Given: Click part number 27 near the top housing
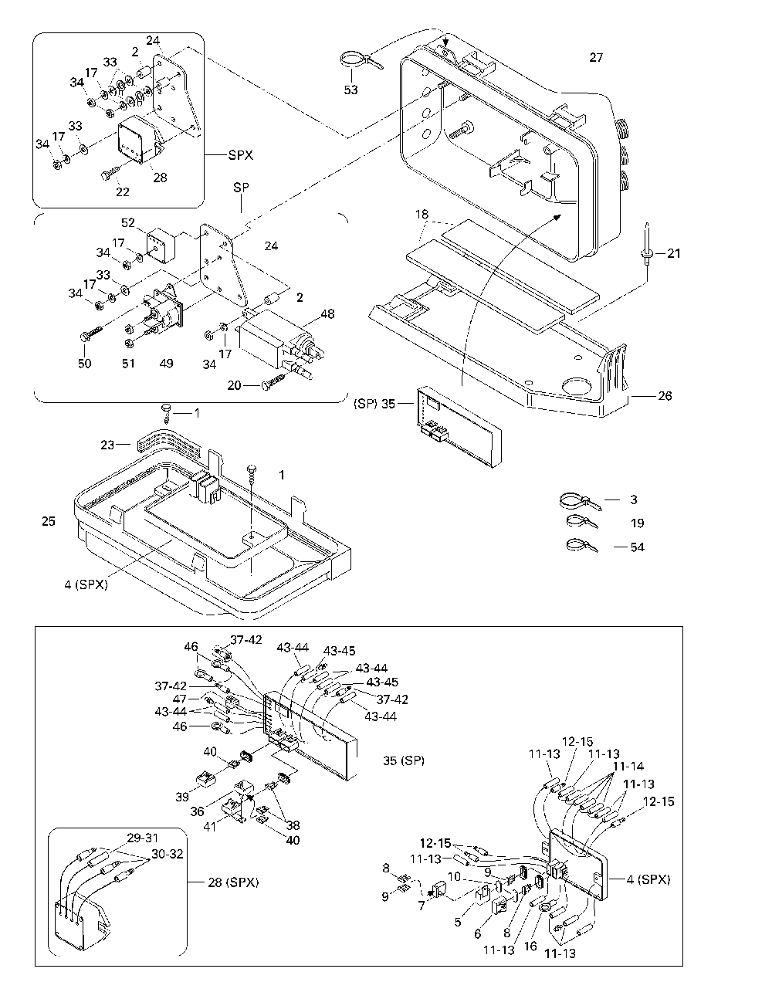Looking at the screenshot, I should coord(595,57).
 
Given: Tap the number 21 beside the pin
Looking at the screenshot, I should coord(674,253).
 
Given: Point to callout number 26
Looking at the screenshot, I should coord(665,396).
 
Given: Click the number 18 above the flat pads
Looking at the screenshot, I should coord(422,212).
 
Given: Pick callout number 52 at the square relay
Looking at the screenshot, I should coord(128,224).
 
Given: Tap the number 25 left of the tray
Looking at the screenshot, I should coord(49,522).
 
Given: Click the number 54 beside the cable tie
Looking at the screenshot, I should coord(637,547).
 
